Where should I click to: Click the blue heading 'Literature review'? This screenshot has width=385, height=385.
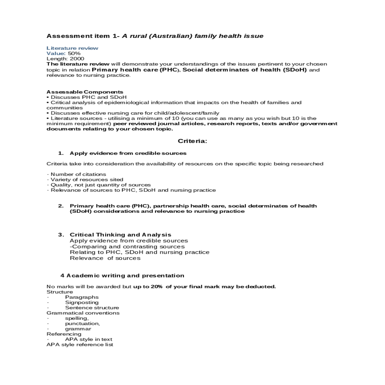click(72, 48)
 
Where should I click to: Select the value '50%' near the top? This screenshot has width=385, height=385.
click(74, 53)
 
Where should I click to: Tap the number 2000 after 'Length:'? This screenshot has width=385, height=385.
click(77, 59)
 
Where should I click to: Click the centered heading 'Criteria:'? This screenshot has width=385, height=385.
click(193, 141)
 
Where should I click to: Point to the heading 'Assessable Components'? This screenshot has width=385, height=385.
click(85, 92)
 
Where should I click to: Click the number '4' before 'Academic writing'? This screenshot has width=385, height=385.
click(62, 276)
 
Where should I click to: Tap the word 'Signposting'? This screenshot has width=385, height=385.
click(82, 302)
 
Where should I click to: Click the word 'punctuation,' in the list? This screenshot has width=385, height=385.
click(82, 323)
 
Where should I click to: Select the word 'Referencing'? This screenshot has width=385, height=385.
click(64, 334)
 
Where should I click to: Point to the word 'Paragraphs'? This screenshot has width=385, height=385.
click(82, 297)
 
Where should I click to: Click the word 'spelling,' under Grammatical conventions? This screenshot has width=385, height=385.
click(77, 318)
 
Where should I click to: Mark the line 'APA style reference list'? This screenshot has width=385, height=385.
click(80, 345)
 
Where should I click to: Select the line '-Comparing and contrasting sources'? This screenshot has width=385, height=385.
click(127, 247)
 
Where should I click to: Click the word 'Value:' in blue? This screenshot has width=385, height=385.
click(56, 53)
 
